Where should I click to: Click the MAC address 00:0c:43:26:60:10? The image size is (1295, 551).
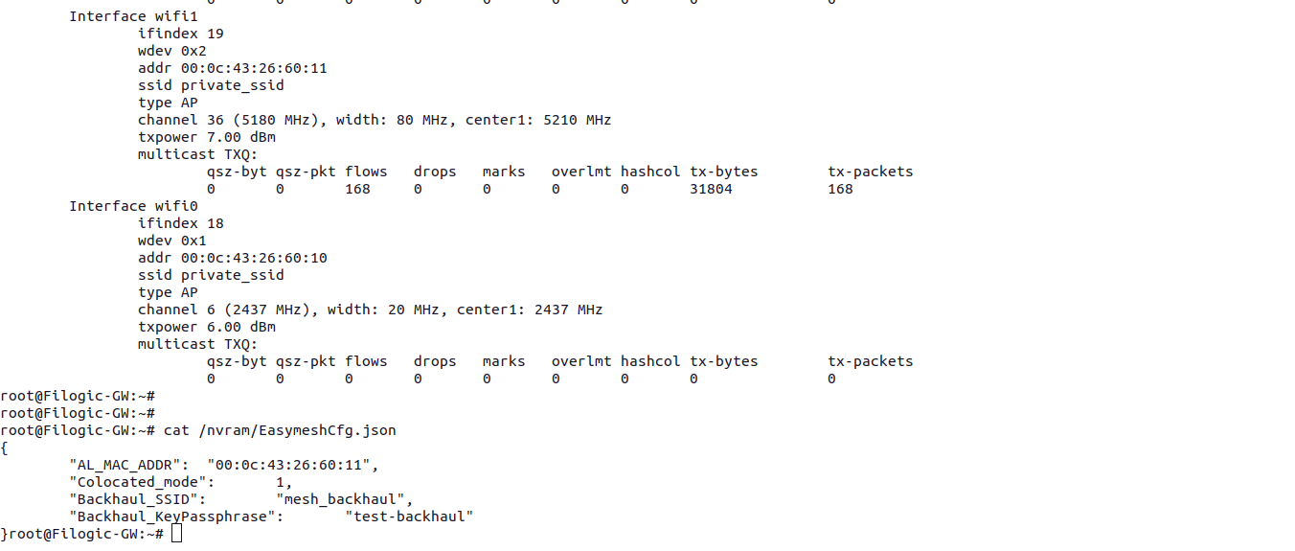(254, 258)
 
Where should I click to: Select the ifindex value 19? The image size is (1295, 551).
(216, 34)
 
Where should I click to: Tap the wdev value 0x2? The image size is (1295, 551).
(193, 51)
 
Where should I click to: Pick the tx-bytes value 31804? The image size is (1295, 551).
(711, 189)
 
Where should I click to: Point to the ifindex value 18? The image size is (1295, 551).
(216, 223)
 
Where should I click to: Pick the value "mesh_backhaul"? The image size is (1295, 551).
(344, 499)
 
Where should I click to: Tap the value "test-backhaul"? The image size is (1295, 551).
(409, 517)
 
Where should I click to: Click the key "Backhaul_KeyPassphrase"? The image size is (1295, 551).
(176, 517)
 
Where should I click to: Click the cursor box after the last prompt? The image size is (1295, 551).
(176, 534)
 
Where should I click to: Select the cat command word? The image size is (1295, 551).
(176, 430)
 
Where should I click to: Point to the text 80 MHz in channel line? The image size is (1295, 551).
(418, 120)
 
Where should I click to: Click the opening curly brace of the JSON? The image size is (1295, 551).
(5, 448)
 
